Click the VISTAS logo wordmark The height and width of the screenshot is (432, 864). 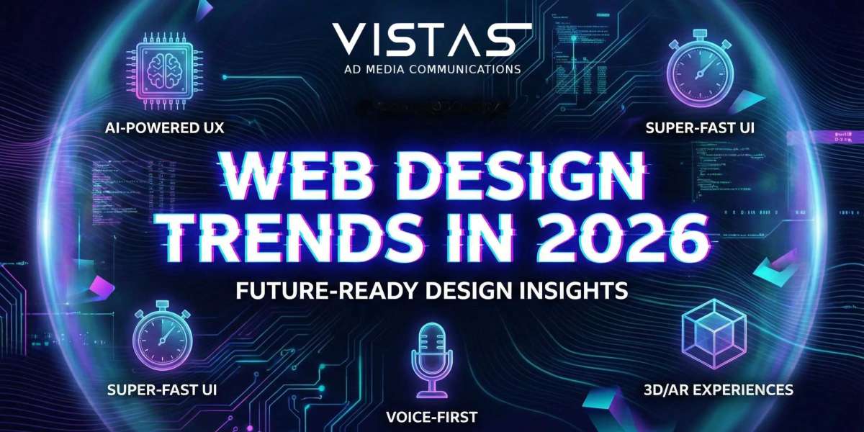pyautogui.click(x=432, y=39)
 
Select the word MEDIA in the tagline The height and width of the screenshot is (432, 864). pyautogui.click(x=386, y=70)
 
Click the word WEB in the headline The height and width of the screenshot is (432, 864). pyautogui.click(x=269, y=176)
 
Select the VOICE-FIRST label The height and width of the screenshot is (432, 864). pyautogui.click(x=432, y=416)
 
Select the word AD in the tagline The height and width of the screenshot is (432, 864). pyautogui.click(x=354, y=70)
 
